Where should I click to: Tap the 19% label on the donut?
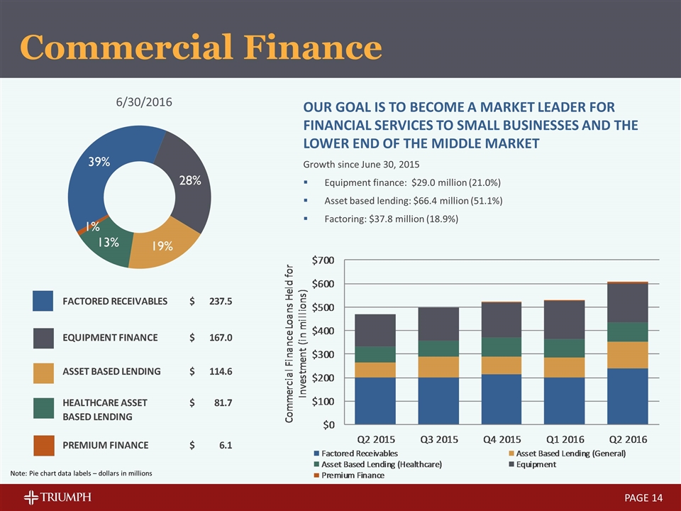tap(162, 246)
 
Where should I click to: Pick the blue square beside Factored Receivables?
tap(44, 301)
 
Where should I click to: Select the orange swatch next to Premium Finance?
tap(44, 445)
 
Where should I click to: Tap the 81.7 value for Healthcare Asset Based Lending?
tap(221, 403)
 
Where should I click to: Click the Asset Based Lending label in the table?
tap(112, 371)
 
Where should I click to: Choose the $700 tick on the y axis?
tap(324, 260)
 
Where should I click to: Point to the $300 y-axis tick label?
tap(324, 354)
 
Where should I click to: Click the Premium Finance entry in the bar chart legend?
tap(353, 475)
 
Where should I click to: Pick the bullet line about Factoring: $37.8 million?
tap(391, 219)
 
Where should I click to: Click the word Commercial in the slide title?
tap(126, 48)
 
